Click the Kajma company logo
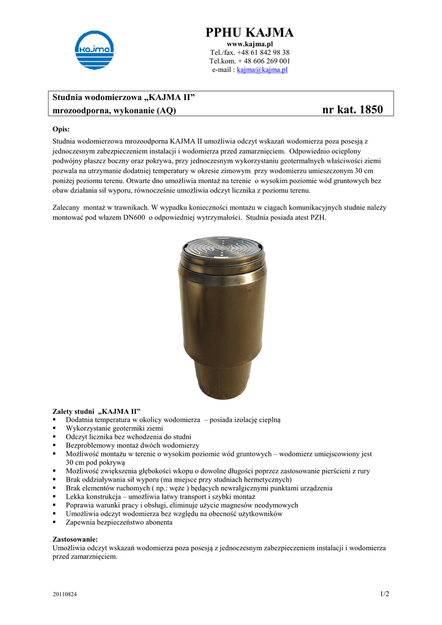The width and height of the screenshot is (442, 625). (x=94, y=50)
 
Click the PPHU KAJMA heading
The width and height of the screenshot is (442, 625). (x=250, y=32)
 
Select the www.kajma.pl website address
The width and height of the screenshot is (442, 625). (x=250, y=45)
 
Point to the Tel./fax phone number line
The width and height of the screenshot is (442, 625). (x=250, y=52)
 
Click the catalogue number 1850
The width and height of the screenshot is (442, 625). (x=371, y=110)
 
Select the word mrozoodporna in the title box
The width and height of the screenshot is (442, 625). (x=78, y=110)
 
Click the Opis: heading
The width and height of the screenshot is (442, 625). (x=62, y=129)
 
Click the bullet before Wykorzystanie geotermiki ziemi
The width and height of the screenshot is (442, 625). (x=55, y=428)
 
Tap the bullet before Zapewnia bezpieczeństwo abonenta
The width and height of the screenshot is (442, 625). (x=55, y=522)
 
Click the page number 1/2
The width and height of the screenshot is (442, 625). (x=384, y=594)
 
